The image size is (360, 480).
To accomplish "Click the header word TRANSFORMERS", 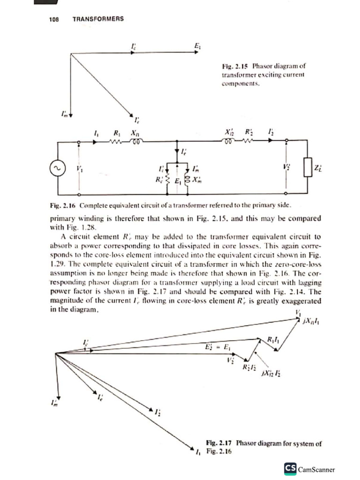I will [x=98, y=19].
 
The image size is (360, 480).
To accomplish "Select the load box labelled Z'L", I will [x=307, y=167].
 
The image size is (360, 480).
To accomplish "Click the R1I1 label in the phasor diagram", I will [x=273, y=339].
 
